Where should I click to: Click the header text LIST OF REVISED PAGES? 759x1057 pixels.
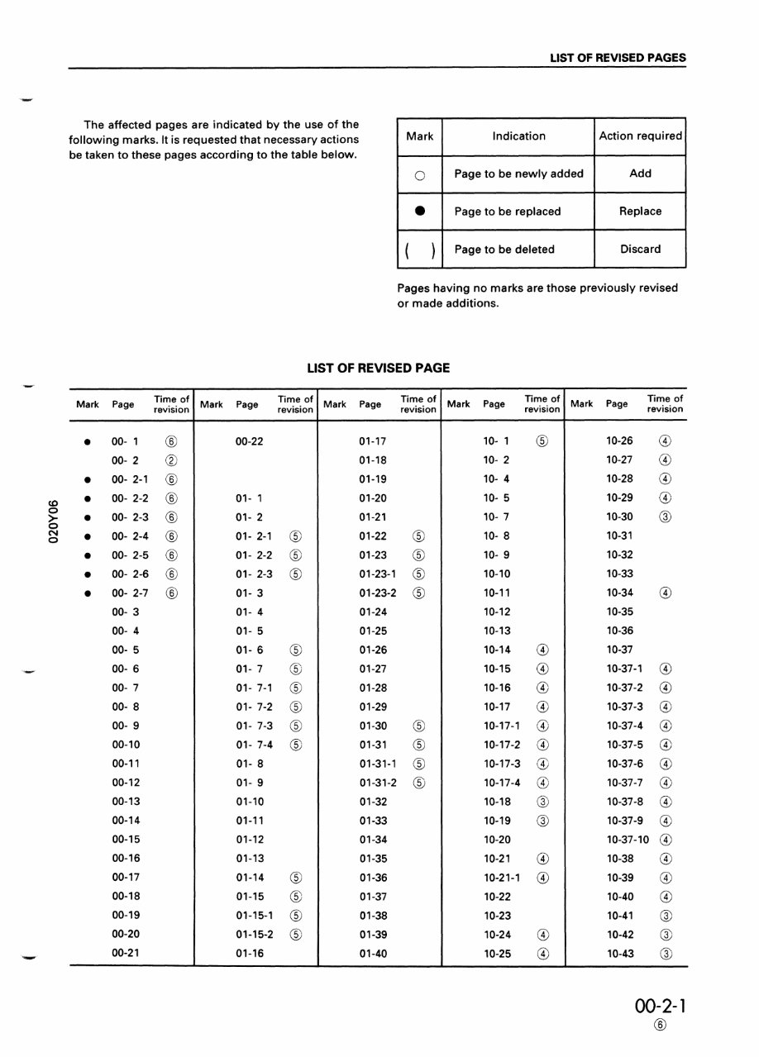pyautogui.click(x=618, y=58)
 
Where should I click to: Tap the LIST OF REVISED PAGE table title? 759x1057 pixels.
pyautogui.click(x=379, y=369)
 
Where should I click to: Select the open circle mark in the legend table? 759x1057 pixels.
pyautogui.click(x=419, y=174)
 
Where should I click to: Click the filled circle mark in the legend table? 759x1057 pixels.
pyautogui.click(x=419, y=212)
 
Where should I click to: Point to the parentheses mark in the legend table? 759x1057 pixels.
pyautogui.click(x=419, y=250)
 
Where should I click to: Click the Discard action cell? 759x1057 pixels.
pyautogui.click(x=640, y=250)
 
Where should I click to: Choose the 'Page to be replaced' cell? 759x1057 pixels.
pyautogui.click(x=507, y=212)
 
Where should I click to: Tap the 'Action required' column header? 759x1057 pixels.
pyautogui.click(x=640, y=136)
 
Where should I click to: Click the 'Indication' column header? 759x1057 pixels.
pyautogui.click(x=518, y=136)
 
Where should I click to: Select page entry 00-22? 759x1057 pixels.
pyautogui.click(x=249, y=441)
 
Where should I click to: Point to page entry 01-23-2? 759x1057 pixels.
pyautogui.click(x=378, y=593)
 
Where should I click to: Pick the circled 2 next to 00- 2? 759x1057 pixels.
pyautogui.click(x=170, y=460)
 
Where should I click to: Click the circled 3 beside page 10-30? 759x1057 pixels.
pyautogui.click(x=666, y=517)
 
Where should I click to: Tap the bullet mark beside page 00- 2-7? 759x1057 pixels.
pyautogui.click(x=87, y=593)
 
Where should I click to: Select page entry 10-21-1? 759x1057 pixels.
pyautogui.click(x=502, y=878)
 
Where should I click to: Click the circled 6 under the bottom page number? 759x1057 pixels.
pyautogui.click(x=659, y=1026)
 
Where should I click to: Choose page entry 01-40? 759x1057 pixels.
pyautogui.click(x=373, y=954)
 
